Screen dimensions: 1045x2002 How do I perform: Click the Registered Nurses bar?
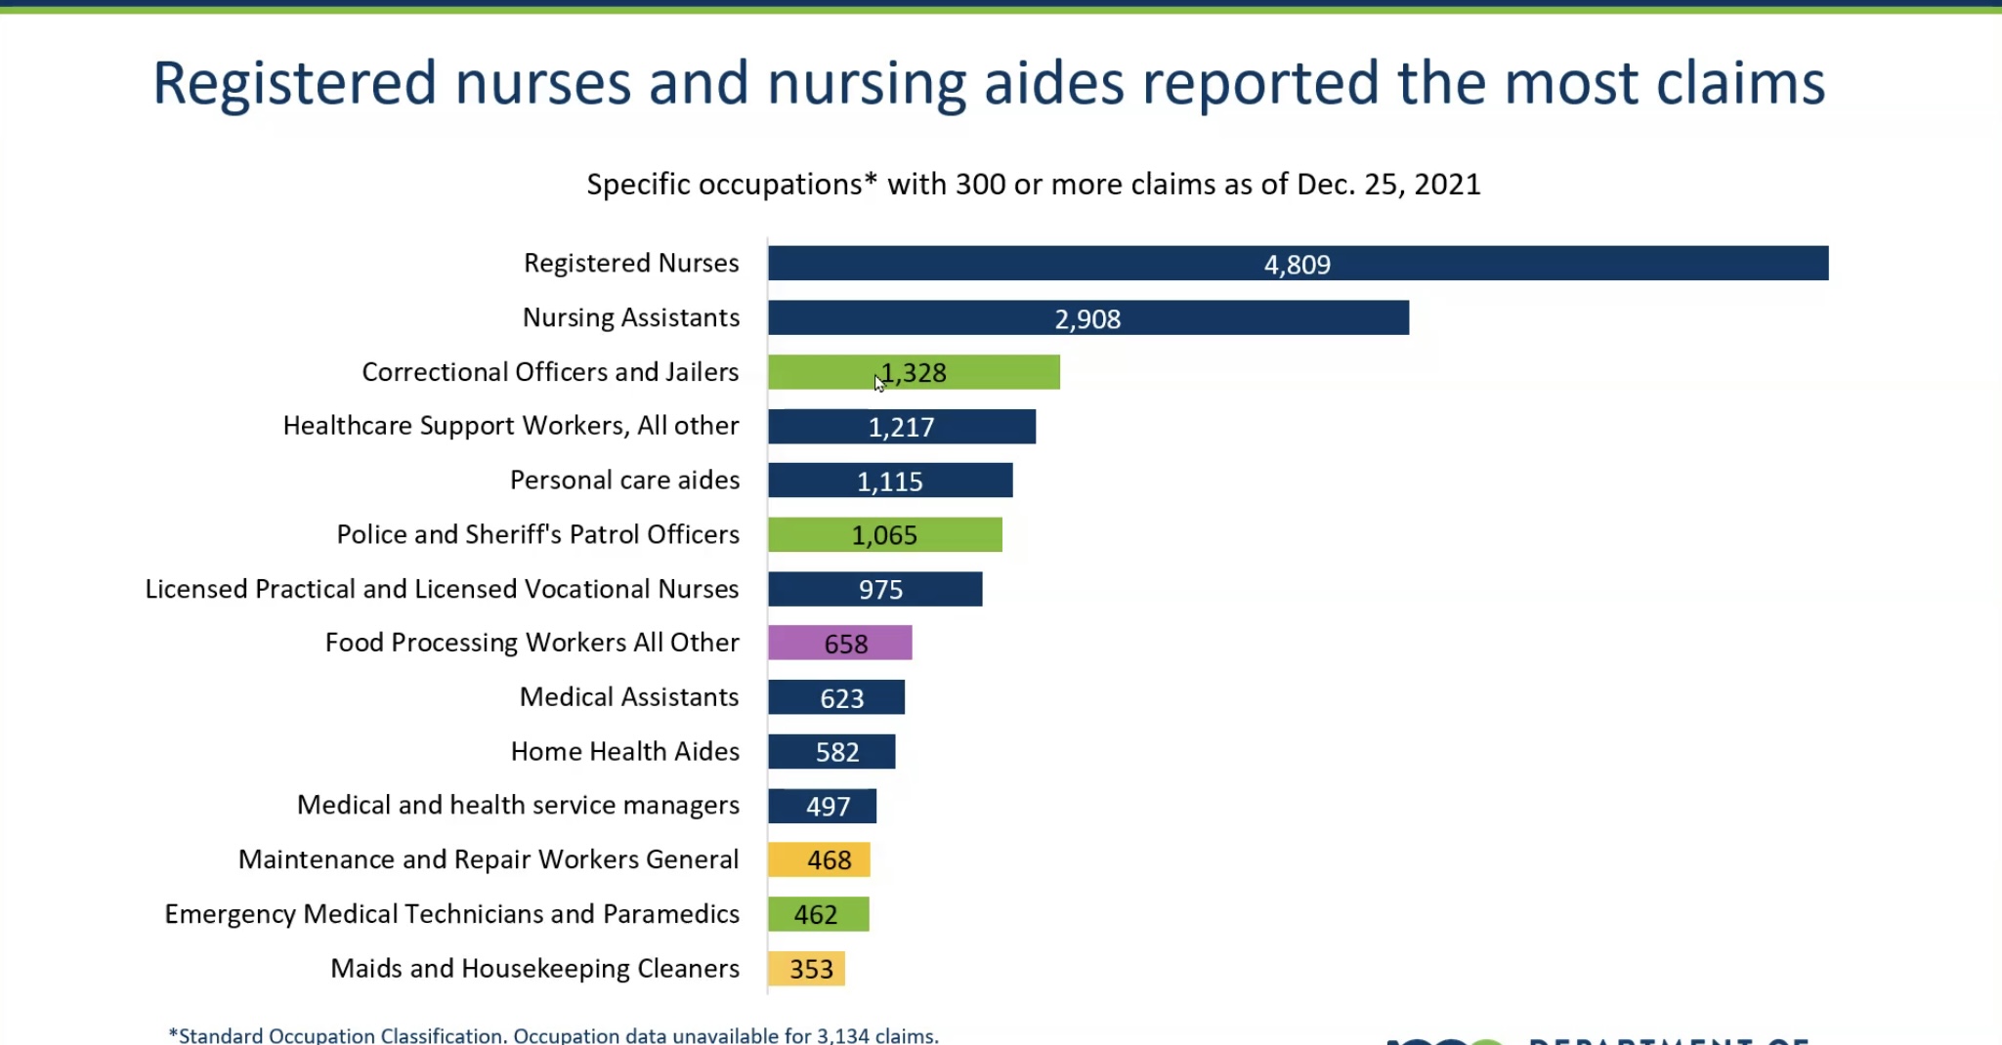[x=1298, y=264]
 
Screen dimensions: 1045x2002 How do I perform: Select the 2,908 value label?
[x=1087, y=319]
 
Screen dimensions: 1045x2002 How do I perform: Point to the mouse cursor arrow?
[x=878, y=383]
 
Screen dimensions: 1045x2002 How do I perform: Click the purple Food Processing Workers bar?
[x=839, y=644]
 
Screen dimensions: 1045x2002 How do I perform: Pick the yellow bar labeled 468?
[x=819, y=860]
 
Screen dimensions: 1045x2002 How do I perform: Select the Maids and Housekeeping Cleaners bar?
[x=806, y=969]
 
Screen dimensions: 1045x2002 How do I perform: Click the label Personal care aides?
[x=624, y=481]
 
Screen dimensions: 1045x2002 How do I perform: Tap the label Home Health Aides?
[x=624, y=751]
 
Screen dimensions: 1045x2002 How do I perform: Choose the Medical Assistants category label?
[x=628, y=697]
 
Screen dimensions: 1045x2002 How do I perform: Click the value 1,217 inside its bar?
[x=901, y=428]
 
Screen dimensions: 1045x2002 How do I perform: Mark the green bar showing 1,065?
[x=884, y=535]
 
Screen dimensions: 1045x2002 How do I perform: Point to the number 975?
[x=880, y=590]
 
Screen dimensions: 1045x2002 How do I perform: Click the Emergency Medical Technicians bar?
[x=818, y=915]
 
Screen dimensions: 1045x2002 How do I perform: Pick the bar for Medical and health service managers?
[x=822, y=807]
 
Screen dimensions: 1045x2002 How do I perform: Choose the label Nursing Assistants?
[x=630, y=317]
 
